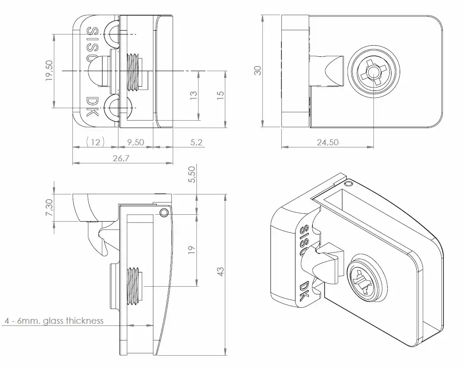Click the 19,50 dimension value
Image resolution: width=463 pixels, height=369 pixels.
click(x=49, y=70)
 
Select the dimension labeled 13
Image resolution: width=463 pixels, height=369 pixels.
click(x=193, y=95)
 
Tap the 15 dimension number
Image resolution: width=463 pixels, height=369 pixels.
click(x=220, y=95)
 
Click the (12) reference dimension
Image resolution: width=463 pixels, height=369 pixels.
click(x=95, y=142)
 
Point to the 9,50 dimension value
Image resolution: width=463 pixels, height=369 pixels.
click(x=136, y=142)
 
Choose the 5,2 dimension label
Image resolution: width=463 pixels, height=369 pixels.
click(x=196, y=142)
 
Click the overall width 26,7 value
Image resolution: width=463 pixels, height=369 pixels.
click(x=121, y=158)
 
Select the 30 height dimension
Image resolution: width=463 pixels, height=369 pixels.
click(x=258, y=70)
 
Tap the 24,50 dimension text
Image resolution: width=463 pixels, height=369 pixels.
click(x=328, y=142)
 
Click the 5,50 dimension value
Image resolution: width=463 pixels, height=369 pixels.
click(x=192, y=174)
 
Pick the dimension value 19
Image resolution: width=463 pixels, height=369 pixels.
click(x=192, y=250)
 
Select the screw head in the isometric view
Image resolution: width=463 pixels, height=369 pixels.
click(x=367, y=278)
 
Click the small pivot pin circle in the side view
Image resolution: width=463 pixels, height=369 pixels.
click(x=164, y=213)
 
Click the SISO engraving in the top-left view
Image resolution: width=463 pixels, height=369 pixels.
click(x=93, y=44)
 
